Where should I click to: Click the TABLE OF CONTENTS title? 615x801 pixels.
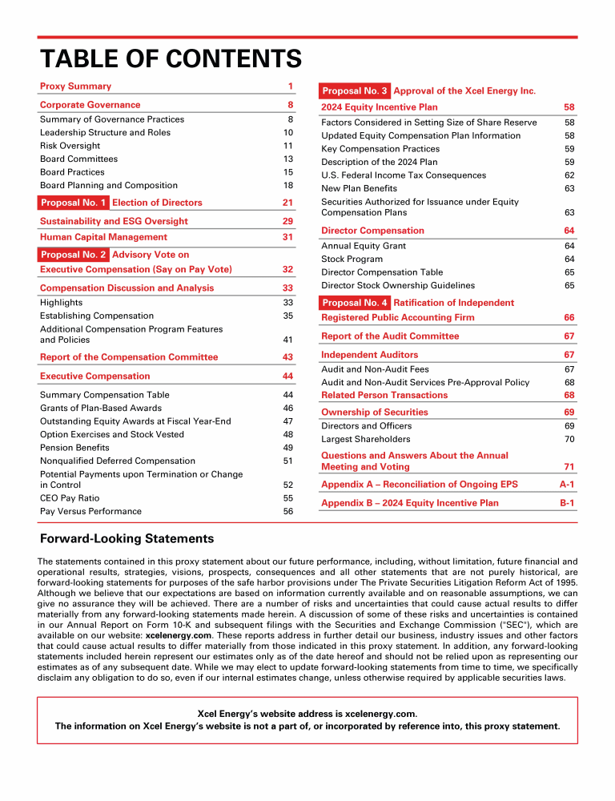coord(171,59)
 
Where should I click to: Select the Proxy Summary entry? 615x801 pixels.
coord(76,87)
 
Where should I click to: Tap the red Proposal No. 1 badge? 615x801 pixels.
coord(74,203)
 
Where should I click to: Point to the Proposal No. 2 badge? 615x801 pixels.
coord(74,255)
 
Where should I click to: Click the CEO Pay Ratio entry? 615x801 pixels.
coord(71,498)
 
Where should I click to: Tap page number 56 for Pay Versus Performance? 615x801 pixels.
coord(288,511)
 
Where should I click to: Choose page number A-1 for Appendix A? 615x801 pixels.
coord(567,485)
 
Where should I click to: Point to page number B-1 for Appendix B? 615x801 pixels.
coord(567,503)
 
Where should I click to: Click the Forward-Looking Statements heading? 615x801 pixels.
coord(127,539)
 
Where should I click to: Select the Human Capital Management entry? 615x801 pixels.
coord(103,237)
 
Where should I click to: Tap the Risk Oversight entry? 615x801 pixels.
coord(70,146)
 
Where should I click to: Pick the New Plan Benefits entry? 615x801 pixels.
coord(359,188)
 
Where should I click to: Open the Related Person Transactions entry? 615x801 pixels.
coord(384,395)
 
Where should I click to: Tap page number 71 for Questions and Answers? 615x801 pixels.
coord(569,466)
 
